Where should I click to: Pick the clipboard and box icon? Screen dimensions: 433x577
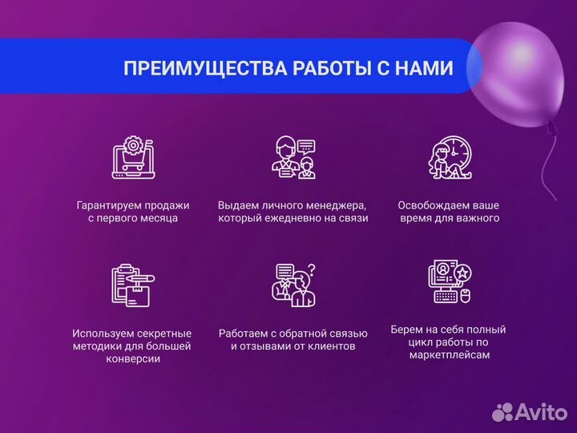[133, 285]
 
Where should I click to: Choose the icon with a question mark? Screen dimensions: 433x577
[293, 285]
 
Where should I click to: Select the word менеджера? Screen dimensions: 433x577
[333, 204]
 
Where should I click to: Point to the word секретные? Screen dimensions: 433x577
[163, 333]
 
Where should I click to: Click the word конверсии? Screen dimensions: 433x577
[132, 359]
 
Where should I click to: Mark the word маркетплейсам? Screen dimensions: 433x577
[448, 354]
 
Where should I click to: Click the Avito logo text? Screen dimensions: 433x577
[540, 412]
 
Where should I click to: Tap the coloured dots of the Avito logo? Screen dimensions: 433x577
[502, 412]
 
